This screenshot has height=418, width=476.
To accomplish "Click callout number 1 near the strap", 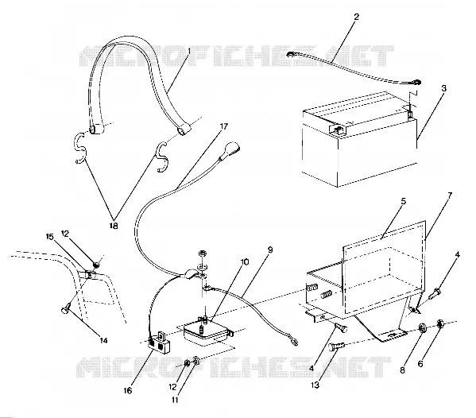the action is coord(189,52).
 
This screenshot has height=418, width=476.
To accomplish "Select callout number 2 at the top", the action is coord(356,17).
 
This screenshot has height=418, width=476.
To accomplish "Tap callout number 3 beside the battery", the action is coord(444,88).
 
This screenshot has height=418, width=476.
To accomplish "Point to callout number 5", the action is coord(403,201).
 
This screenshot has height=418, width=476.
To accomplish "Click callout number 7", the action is coord(450,195).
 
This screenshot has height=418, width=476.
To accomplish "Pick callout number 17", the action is coord(224,126).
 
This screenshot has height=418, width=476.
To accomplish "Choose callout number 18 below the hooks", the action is coord(114,226).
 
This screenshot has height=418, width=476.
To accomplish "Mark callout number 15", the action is coord(50,237).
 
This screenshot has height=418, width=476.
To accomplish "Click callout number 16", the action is coord(128,391).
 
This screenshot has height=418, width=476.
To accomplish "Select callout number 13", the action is coord(315,385).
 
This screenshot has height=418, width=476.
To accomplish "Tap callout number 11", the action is coord(175,400).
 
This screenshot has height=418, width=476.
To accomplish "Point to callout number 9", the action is coord(270,250).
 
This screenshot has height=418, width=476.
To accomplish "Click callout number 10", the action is coord(245,261).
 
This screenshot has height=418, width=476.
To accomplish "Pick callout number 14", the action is coord(103,341).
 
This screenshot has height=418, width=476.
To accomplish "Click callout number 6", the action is coord(420,363).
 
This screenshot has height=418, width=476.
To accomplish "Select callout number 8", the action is coord(402,370).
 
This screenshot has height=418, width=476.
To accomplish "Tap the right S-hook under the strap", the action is coord(162,157).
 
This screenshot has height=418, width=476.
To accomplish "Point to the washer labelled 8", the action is coord(422,328).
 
